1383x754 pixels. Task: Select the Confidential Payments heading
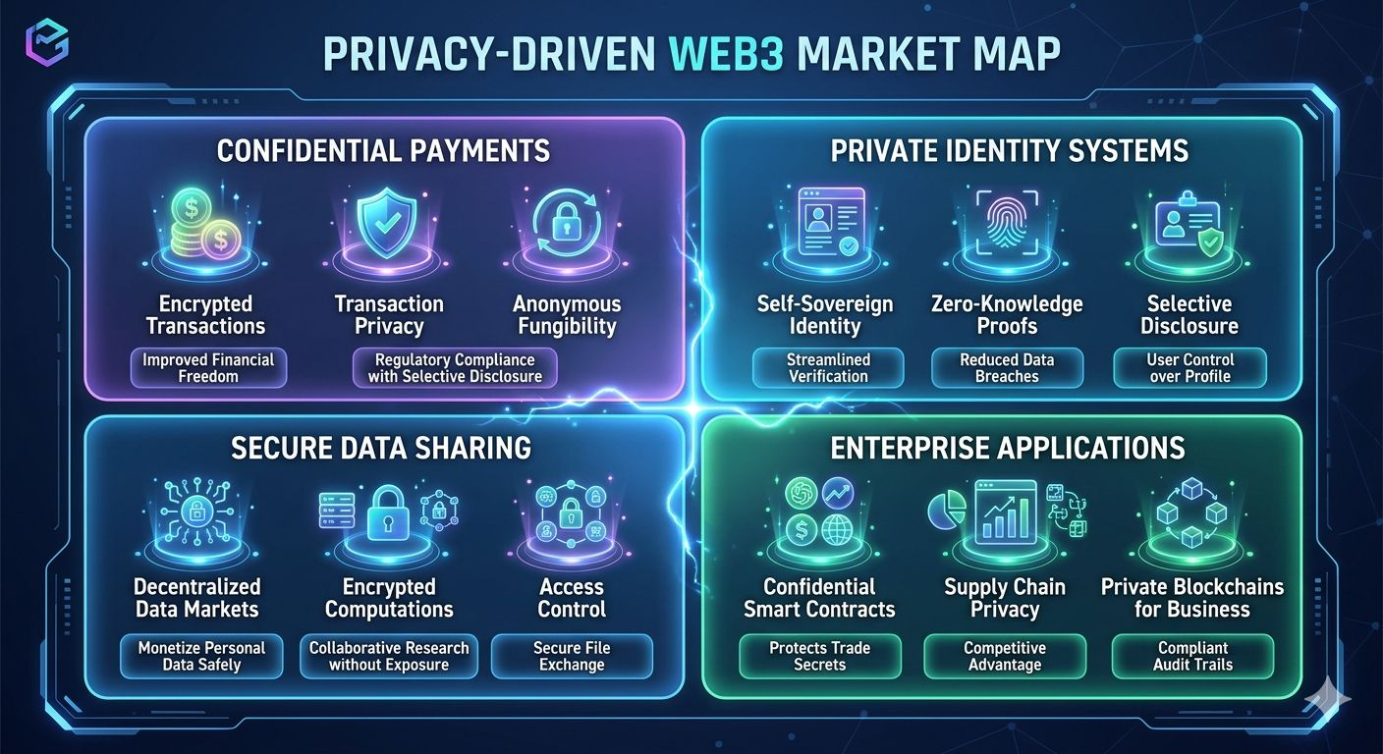coord(383,150)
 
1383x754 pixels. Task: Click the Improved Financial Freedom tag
coord(208,367)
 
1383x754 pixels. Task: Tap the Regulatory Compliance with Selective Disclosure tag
coord(455,367)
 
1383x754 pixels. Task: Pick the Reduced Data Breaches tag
coord(1007,367)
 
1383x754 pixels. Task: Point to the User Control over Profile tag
coord(1189,367)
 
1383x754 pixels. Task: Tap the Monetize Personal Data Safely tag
coord(201,656)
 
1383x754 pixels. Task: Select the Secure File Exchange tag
coord(572,656)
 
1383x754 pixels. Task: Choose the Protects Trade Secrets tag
coord(819,656)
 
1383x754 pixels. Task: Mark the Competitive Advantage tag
coord(1005,656)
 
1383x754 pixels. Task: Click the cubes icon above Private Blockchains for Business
coord(1190,511)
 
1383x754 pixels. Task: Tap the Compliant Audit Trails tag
coord(1192,656)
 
